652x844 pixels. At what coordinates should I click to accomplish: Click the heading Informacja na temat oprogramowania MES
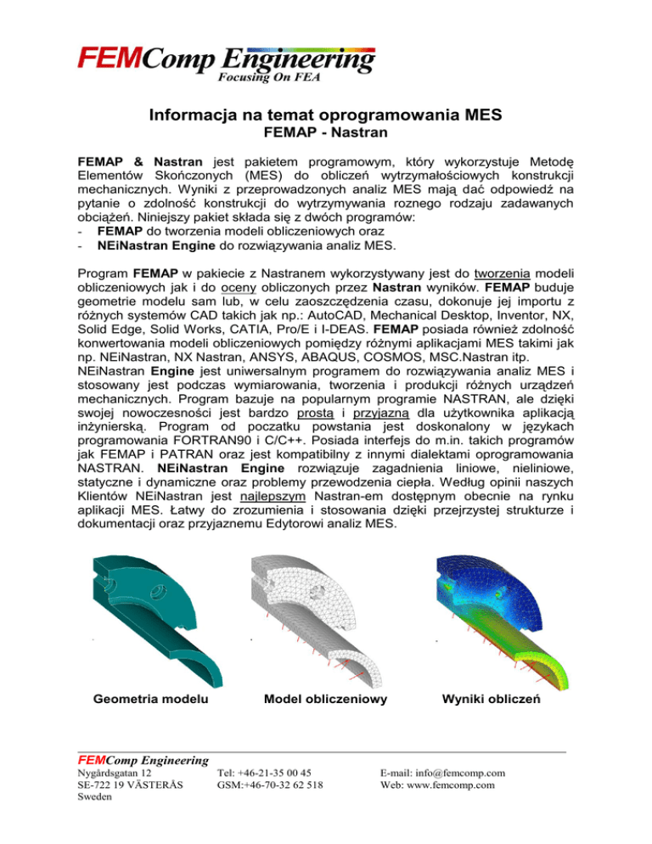point(325,115)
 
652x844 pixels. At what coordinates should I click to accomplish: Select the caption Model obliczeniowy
point(325,699)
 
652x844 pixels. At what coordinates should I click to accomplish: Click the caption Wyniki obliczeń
point(492,699)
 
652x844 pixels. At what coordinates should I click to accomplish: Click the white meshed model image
point(323,612)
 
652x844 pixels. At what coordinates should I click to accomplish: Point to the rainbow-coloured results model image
point(501,612)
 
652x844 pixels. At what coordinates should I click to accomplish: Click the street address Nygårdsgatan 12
point(115,773)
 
